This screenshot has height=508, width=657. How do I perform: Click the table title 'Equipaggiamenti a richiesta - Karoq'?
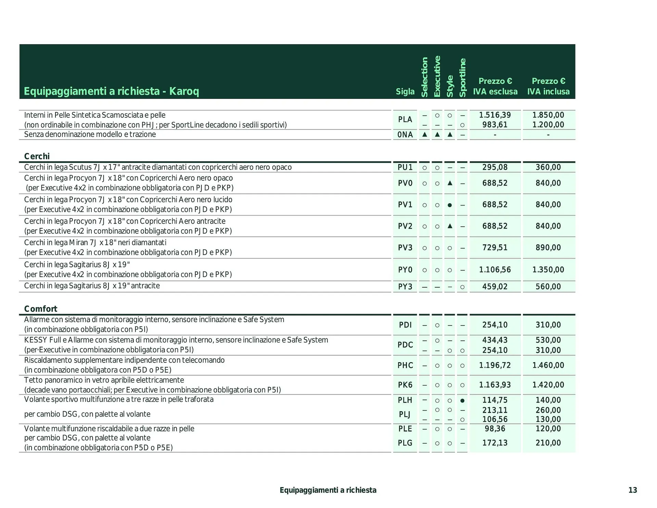pyautogui.click(x=111, y=91)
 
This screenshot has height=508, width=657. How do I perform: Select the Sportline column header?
pyautogui.click(x=462, y=78)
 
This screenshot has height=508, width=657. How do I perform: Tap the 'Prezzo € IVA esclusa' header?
pyautogui.click(x=495, y=86)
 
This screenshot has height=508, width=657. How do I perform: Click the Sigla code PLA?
pyautogui.click(x=405, y=119)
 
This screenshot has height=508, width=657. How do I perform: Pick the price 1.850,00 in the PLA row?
pyautogui.click(x=548, y=115)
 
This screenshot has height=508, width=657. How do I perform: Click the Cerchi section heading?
pyautogui.click(x=37, y=156)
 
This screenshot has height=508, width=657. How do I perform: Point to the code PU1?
pyautogui.click(x=405, y=167)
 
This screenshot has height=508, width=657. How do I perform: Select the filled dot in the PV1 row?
pyautogui.click(x=450, y=205)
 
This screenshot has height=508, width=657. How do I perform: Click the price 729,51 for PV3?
pyautogui.click(x=495, y=247)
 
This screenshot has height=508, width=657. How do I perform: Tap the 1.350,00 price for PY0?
pyautogui.click(x=548, y=270)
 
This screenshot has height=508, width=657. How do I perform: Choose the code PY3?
pyautogui.click(x=405, y=287)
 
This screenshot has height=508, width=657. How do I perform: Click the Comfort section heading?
pyautogui.click(x=41, y=309)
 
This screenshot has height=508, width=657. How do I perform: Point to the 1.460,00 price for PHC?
pyautogui.click(x=548, y=365)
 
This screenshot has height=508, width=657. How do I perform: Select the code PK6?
pyautogui.click(x=405, y=385)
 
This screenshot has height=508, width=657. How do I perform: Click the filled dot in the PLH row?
pyautogui.click(x=462, y=401)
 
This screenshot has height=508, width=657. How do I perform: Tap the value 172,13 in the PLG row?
pyautogui.click(x=495, y=443)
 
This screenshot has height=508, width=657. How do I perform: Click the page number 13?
pyautogui.click(x=633, y=490)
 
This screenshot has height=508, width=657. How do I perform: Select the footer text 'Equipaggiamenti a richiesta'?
pyautogui.click(x=328, y=490)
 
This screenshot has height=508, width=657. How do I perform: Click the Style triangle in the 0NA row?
pyautogui.click(x=450, y=135)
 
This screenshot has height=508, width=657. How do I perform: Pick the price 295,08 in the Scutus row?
pyautogui.click(x=495, y=167)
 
